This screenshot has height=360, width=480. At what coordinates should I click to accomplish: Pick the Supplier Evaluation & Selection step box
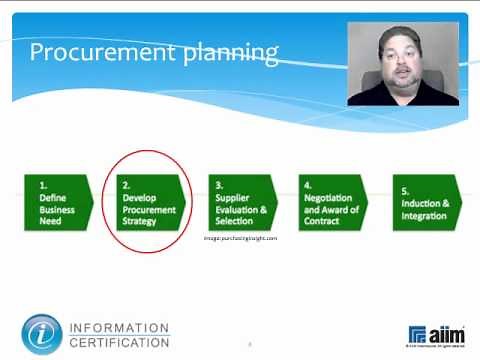243,202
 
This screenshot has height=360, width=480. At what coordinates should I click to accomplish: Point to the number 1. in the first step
43,186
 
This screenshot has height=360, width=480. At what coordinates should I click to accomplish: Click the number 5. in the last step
405,190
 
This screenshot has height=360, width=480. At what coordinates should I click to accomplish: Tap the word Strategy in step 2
139,221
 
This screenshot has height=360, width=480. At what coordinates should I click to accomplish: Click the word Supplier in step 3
232,198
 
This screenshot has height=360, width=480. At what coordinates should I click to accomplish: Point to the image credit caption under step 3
240,238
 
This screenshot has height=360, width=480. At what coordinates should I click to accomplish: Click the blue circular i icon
42,334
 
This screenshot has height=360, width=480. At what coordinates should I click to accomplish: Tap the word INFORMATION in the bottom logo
119,327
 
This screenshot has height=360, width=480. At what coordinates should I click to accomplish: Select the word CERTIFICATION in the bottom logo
119,343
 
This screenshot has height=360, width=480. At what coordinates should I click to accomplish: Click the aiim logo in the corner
436,334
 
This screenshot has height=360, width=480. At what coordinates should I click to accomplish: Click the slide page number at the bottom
249,345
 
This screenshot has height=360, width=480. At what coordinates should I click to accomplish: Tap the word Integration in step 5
427,216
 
